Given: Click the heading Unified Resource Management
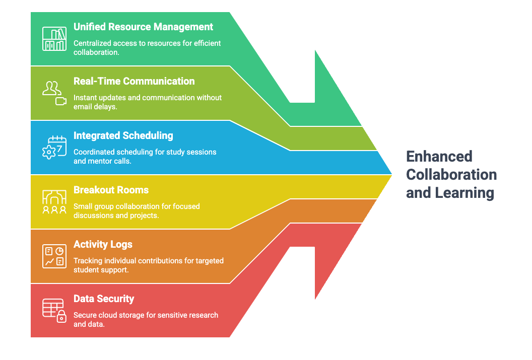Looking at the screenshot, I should coord(143,27).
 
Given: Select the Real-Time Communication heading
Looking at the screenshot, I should coord(134,82).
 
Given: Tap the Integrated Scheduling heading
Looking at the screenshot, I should coord(123,136).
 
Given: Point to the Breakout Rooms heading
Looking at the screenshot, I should coord(111,190).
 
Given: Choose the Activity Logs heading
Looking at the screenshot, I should coord(103,245).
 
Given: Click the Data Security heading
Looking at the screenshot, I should coord(104,299).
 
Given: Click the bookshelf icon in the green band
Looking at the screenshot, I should coord(54,39).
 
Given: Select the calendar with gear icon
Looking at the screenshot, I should coord(54,148).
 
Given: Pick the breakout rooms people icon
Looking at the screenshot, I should coord(54,202).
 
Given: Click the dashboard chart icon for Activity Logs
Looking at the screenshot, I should coord(54,256).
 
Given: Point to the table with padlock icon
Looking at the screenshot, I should coord(54,311).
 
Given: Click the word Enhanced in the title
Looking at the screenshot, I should coord(439,157).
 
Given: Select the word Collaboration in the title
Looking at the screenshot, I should coord(451,175).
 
